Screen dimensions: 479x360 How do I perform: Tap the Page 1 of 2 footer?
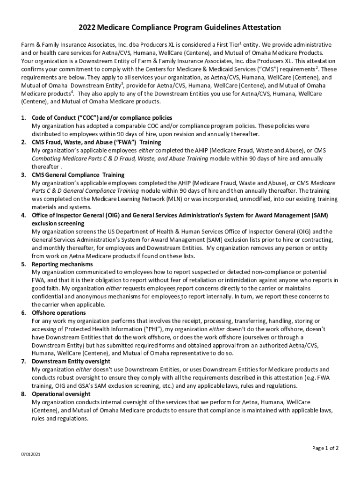[x=325, y=448]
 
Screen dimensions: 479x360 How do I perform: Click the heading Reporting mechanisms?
[x=62, y=264]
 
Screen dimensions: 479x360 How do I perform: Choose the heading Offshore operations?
[x=59, y=312]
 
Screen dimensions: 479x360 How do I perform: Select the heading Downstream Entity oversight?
[x=71, y=362]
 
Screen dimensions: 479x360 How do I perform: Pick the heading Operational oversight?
[x=61, y=394]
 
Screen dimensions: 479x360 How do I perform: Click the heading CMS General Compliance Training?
[x=78, y=175]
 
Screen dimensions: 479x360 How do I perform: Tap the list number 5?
[x=23, y=264]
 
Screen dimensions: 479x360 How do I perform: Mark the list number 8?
[x=23, y=394]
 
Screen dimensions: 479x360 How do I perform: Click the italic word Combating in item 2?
[x=46, y=159]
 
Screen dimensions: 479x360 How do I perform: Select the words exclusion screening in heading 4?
[x=58, y=224]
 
